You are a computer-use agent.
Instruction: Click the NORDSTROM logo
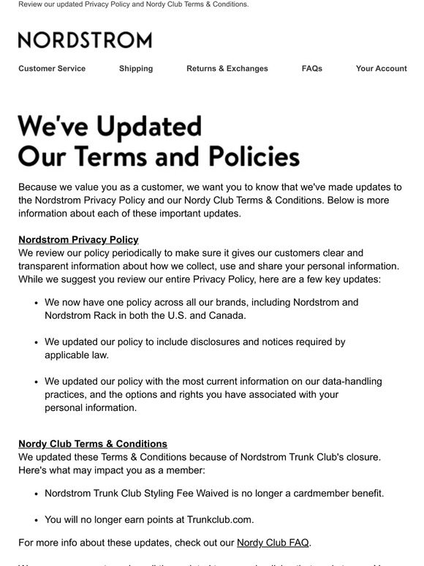tap(85, 39)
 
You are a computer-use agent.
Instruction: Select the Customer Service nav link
tap(52, 69)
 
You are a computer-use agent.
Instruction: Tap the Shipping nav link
tap(136, 69)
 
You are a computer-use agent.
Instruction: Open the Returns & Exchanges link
tap(227, 69)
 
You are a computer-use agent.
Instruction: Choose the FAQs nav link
tap(312, 69)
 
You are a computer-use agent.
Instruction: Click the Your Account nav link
tap(381, 69)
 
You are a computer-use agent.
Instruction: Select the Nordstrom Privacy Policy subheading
tap(78, 240)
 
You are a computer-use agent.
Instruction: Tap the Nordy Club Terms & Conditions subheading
tap(93, 444)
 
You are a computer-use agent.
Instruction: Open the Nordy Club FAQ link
tap(273, 543)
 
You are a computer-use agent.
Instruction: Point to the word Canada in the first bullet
tap(224, 315)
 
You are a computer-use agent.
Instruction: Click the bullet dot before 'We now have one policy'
tap(36, 302)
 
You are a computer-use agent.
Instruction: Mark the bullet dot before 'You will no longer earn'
tap(36, 520)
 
